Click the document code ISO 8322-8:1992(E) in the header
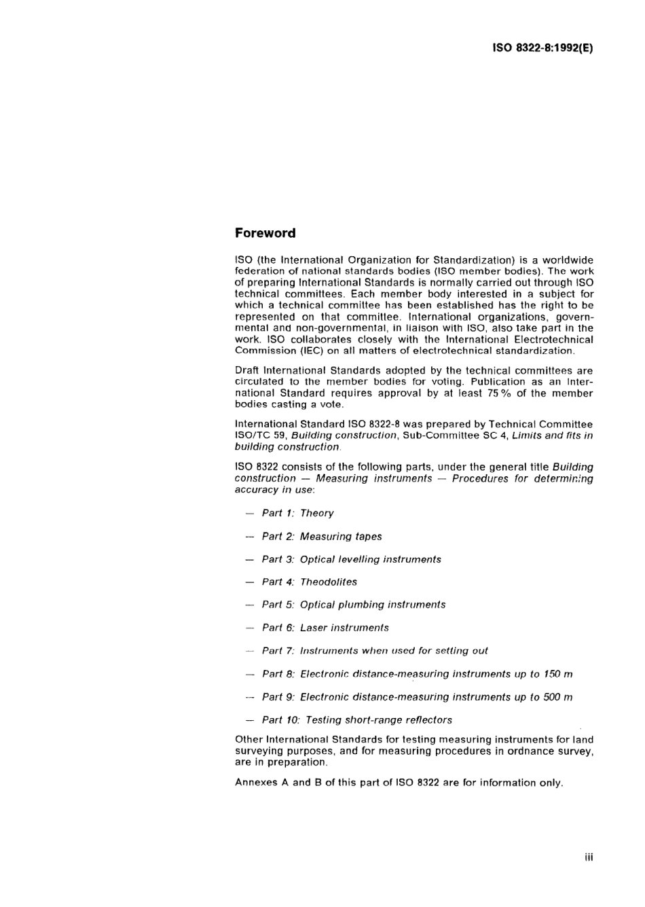pos(542,49)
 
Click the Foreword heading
pos(265,233)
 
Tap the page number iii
pos(589,857)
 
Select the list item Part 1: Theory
pos(297,513)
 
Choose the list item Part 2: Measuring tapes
pos(321,536)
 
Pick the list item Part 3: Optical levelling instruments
pos(351,559)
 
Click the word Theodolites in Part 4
pos(329,582)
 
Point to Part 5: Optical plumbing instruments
pos(353,604)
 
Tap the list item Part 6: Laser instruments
pos(325,628)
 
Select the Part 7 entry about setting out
pos(374,650)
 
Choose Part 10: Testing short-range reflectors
pos(356,719)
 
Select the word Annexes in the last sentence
pos(255,782)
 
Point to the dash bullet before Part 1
pos(249,514)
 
